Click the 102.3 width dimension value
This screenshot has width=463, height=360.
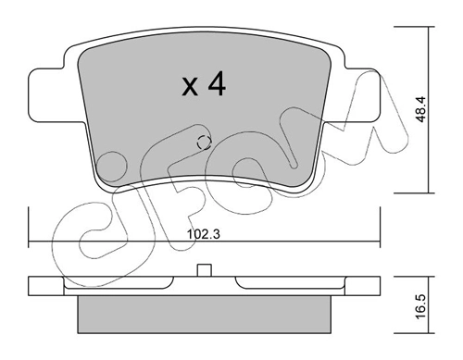tap(204, 234)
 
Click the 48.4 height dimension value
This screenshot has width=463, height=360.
tap(420, 109)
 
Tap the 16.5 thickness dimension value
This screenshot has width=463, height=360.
tap(420, 306)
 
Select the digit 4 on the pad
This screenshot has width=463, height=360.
tap(217, 83)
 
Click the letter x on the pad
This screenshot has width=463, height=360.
tap(190, 87)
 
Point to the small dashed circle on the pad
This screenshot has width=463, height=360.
tap(204, 143)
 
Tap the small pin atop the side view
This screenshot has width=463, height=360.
tap(205, 270)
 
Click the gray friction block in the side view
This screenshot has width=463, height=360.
tap(204, 315)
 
